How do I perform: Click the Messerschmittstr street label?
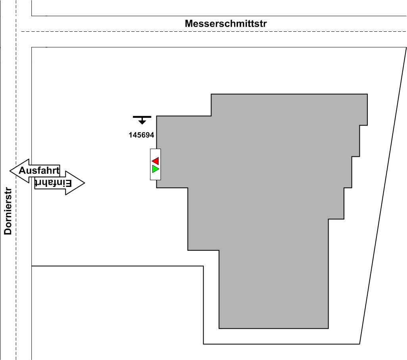tap(226, 24)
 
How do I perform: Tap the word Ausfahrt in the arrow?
tap(38, 171)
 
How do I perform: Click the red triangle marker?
tap(155, 161)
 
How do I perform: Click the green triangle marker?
tap(155, 169)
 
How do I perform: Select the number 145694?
tap(141, 135)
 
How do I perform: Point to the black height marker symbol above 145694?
tap(142, 119)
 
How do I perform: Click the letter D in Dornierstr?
tap(8, 231)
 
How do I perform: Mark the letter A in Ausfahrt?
tap(23, 171)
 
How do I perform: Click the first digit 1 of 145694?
tap(131, 135)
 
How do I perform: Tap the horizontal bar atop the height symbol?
tap(142, 117)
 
